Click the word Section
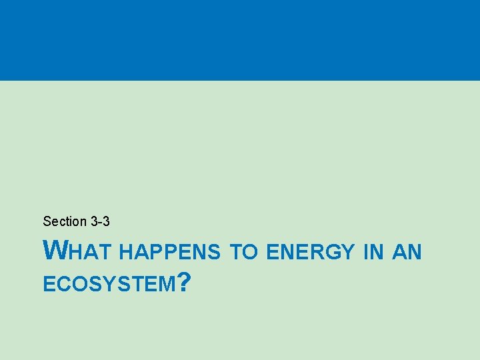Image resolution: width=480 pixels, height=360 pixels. pos(65,221)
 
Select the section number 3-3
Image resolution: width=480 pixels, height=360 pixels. pos(100,221)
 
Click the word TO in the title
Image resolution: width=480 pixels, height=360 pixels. pos(243,253)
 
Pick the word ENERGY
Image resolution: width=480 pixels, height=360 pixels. pos(310,253)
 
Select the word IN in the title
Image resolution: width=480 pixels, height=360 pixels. pos(373,253)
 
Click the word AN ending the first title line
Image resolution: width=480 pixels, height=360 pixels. pos(407,253)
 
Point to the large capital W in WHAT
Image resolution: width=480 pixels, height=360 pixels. pos(55,251)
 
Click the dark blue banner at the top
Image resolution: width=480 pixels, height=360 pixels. pos(240,40)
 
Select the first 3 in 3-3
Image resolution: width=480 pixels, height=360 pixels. pos(93,221)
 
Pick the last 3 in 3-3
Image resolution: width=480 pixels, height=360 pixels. pos(106,221)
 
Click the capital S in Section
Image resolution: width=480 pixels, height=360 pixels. pos(47,221)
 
